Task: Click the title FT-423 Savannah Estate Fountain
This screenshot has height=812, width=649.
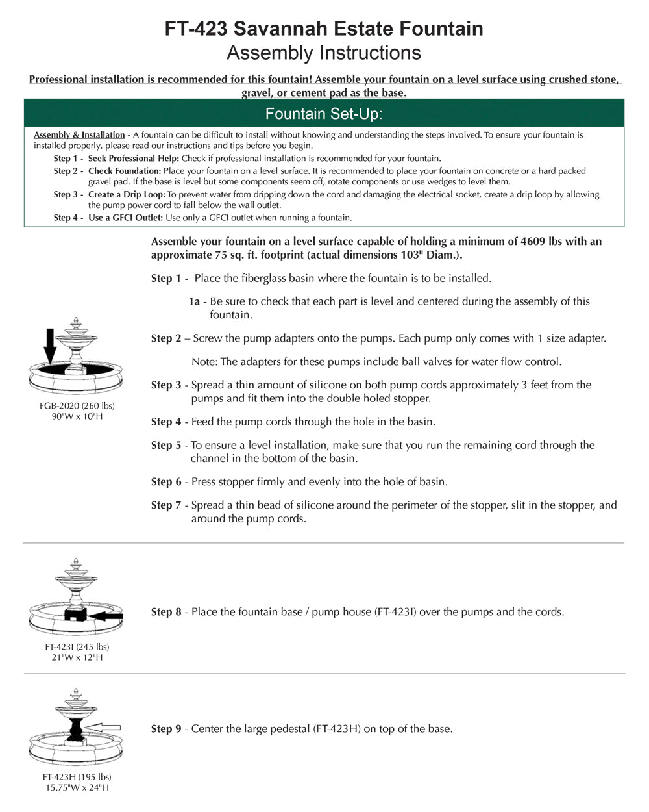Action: (324, 29)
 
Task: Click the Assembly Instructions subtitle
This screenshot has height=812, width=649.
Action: (324, 53)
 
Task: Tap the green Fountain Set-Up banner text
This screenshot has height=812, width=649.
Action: (324, 114)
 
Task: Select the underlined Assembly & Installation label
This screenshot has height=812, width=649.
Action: (79, 135)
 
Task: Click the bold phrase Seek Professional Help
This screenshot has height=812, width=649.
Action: (133, 159)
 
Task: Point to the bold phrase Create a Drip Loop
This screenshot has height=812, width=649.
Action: (127, 194)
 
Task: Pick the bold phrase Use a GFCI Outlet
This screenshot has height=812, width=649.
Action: (125, 218)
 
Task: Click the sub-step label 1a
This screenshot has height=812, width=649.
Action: (194, 301)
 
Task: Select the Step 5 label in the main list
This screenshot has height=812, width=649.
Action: (166, 446)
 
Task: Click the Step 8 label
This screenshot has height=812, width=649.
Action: (166, 612)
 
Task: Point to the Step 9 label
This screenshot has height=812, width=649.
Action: (166, 729)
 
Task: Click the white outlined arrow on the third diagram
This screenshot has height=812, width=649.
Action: (103, 728)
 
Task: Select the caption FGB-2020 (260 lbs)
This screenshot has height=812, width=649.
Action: (77, 406)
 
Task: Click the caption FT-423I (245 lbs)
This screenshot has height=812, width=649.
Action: (77, 647)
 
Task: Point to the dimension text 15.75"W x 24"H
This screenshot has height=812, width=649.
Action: (77, 787)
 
